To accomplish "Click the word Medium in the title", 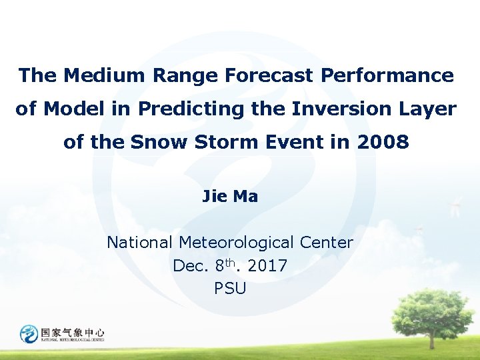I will [105, 75].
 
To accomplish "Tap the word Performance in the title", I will [387, 75].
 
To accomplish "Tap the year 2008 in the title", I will [383, 143].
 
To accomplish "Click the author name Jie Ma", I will [230, 197].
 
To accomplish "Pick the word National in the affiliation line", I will [140, 243].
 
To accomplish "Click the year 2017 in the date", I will [267, 266].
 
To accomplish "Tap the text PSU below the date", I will [230, 289].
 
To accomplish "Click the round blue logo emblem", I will [29, 333].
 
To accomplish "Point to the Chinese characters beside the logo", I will [73, 331].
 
